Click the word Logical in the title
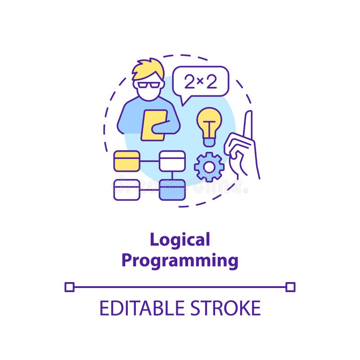[180, 240]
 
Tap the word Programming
[180, 261]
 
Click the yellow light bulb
[209, 124]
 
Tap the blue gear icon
[209, 167]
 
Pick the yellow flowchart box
[126, 161]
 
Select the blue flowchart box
[172, 189]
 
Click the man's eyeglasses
[148, 85]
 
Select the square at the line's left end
[69, 287]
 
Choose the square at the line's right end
[290, 287]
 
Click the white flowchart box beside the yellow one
[172, 161]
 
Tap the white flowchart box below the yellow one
[126, 189]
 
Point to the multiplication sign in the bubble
[201, 82]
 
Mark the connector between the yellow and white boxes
[149, 161]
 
